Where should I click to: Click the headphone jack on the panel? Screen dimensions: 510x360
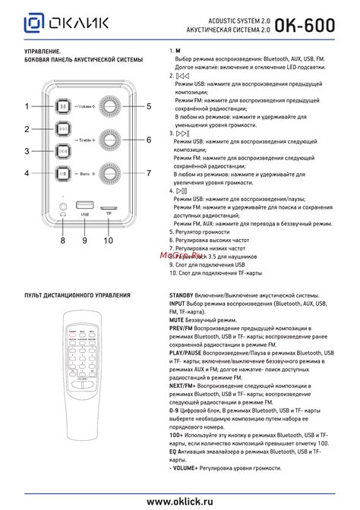click(63, 205)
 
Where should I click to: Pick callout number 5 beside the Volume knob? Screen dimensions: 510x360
click(149, 106)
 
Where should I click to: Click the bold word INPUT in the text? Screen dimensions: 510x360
click(179, 303)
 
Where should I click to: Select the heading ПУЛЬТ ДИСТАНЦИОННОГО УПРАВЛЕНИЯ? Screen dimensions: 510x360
click(77, 295)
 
